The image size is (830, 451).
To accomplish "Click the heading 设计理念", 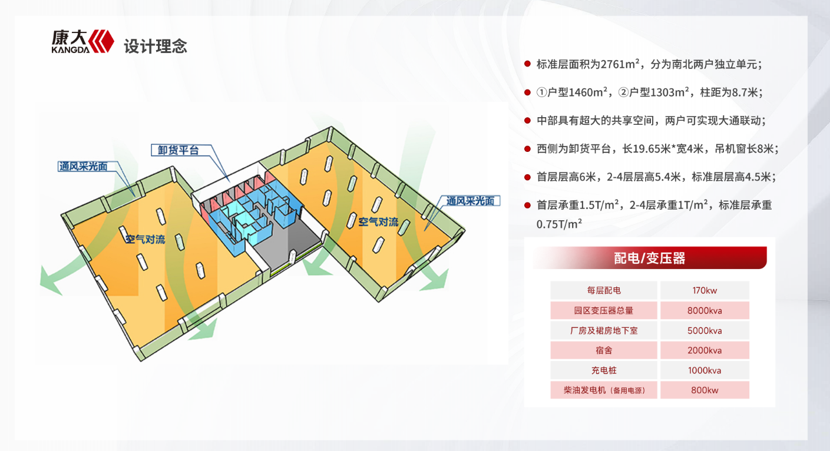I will point(156,47).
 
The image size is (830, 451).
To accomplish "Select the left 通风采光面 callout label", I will point(82,166).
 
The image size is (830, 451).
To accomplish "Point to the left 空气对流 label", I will point(145,240).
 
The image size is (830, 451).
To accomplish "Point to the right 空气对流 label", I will point(378,222).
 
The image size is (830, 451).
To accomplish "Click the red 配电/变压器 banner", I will point(649,258).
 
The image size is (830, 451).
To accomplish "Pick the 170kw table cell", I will point(705,290).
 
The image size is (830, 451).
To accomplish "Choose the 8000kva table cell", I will point(705,310).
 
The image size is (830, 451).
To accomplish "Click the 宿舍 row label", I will point(604,350).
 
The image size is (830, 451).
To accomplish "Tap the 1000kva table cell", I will point(705,370).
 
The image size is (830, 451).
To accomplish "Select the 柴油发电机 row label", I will point(604,390).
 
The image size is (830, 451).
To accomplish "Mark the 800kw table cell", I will point(705,390).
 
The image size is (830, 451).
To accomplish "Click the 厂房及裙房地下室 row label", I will point(604,330).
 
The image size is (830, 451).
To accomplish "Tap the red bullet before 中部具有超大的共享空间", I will point(527,121).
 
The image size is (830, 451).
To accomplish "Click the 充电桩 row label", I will point(604,370).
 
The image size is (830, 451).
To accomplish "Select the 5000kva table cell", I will point(705,330).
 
